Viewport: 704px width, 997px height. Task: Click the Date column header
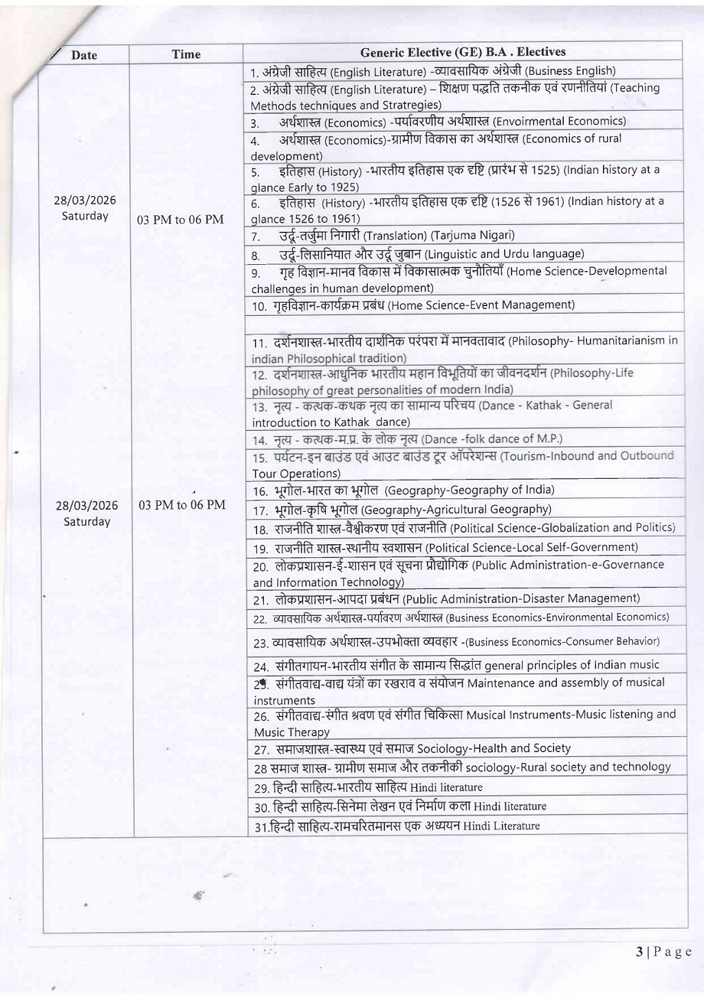(x=84, y=55)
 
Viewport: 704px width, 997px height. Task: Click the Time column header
(x=186, y=54)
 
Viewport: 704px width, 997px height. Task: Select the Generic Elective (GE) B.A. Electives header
(x=463, y=52)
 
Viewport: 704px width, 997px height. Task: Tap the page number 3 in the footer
(x=639, y=952)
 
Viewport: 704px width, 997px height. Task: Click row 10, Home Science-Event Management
(x=412, y=305)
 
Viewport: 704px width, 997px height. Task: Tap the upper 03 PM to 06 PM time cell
(x=180, y=219)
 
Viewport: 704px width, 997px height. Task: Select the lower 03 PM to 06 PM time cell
(x=181, y=504)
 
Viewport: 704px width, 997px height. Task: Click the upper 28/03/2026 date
(x=85, y=200)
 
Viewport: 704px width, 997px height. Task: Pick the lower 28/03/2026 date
(x=87, y=506)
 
